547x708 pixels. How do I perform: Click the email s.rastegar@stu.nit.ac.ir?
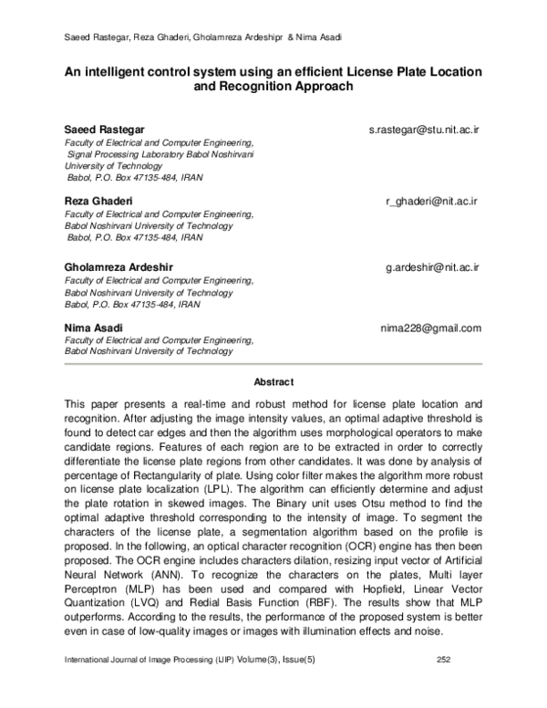click(424, 130)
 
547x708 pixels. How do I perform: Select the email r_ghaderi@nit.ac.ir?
click(433, 200)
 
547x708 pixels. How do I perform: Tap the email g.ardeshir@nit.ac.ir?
click(433, 267)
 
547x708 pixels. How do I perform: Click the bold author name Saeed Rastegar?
click(103, 130)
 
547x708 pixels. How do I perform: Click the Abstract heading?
click(273, 382)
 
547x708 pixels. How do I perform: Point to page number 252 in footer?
click(445, 683)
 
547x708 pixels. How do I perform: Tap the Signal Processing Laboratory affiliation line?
click(160, 155)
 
